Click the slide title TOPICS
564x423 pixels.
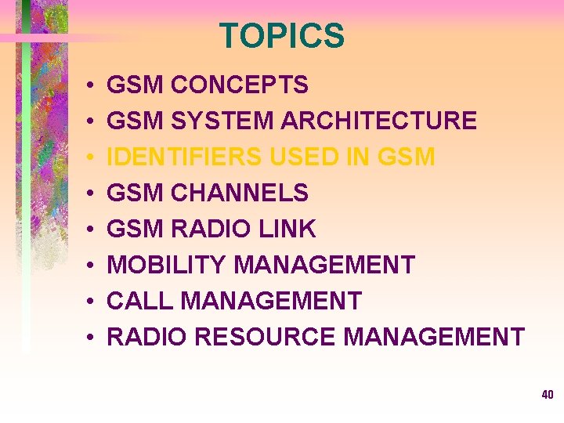point(281,36)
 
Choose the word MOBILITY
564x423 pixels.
point(167,265)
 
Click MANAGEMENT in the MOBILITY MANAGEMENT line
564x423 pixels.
point(324,265)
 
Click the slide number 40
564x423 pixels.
point(547,395)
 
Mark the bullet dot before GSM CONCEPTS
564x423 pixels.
point(92,85)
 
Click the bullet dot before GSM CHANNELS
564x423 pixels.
point(92,193)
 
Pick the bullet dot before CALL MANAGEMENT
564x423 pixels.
point(92,302)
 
